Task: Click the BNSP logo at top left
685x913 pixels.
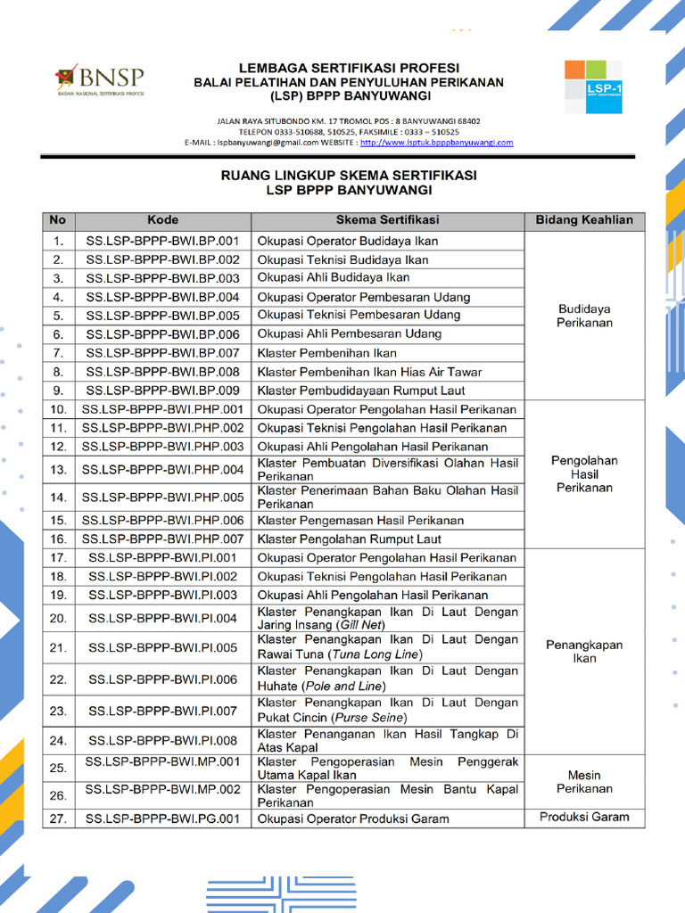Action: (x=99, y=79)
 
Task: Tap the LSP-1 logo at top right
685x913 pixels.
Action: (x=593, y=86)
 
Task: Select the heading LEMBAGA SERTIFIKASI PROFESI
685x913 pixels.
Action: (x=349, y=68)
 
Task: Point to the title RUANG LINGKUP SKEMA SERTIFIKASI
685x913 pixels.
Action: (x=349, y=176)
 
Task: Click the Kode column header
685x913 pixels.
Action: (x=162, y=220)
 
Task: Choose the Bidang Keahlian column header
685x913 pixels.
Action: (x=584, y=220)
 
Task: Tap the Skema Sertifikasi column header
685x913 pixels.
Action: (x=387, y=220)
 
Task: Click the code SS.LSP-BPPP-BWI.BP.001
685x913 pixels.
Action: (x=162, y=241)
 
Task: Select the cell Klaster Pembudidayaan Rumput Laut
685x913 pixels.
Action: (x=361, y=391)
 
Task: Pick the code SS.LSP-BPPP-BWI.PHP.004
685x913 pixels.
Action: (x=162, y=470)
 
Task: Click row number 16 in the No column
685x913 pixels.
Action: (x=58, y=539)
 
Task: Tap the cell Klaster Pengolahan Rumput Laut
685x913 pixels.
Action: (x=350, y=539)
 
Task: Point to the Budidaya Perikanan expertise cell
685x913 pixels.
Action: (x=584, y=316)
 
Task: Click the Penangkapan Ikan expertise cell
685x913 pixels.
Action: (x=584, y=652)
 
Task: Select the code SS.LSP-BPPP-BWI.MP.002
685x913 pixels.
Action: (x=162, y=790)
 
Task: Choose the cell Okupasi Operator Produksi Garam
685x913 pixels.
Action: (x=353, y=818)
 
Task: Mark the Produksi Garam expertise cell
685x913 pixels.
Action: (x=584, y=817)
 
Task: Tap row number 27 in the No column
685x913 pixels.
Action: (x=58, y=818)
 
